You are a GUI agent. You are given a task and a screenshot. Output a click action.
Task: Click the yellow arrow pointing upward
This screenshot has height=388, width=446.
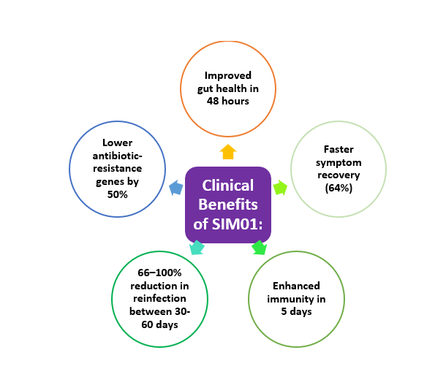(228, 152)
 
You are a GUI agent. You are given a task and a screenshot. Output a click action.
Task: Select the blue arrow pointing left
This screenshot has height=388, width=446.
(176, 189)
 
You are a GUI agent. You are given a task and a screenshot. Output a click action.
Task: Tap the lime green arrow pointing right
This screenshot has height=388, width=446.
(280, 188)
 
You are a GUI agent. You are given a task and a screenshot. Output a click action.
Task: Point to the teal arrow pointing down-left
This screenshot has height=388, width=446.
(197, 248)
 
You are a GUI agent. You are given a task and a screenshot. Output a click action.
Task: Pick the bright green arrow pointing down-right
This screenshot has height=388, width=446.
(259, 248)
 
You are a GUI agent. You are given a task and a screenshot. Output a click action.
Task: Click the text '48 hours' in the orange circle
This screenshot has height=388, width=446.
(228, 102)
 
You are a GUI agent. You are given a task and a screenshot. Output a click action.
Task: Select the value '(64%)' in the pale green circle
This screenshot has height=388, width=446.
(339, 188)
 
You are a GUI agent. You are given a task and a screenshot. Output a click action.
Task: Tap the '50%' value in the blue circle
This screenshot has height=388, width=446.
(117, 194)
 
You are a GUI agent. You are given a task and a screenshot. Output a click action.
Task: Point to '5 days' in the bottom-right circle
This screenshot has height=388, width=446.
(296, 312)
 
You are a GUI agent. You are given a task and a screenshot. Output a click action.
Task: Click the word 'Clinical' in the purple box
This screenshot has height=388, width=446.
(228, 186)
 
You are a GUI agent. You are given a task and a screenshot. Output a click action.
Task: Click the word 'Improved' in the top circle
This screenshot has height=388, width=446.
(228, 75)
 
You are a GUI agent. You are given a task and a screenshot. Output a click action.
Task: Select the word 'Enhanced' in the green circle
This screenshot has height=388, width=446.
(296, 286)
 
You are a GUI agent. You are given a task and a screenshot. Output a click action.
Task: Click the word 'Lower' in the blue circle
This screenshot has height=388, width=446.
(117, 142)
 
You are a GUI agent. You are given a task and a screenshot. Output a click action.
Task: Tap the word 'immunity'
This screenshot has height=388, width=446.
(289, 299)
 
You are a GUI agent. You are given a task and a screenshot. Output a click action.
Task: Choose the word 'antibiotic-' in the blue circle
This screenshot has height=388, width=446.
(117, 155)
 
